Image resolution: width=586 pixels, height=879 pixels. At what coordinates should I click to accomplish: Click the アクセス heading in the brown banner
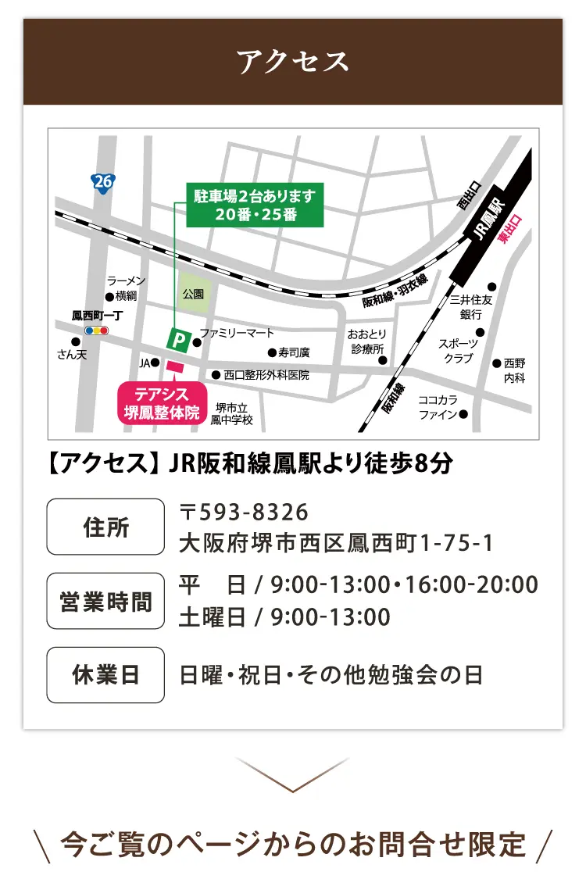click(x=293, y=62)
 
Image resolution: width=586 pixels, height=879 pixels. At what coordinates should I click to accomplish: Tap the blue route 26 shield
click(x=102, y=182)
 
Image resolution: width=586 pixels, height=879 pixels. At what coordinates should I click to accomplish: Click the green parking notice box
click(x=255, y=205)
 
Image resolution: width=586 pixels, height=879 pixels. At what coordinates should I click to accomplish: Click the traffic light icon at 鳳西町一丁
click(x=97, y=331)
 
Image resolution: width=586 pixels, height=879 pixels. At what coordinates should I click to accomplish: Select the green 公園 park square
click(x=194, y=294)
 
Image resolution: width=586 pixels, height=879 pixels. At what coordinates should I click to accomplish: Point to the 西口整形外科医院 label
click(x=266, y=375)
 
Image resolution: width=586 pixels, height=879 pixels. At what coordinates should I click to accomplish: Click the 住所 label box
click(x=105, y=527)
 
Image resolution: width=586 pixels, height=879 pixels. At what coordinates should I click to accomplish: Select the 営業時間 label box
click(x=105, y=601)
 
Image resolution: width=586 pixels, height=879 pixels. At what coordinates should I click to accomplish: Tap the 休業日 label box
click(x=105, y=675)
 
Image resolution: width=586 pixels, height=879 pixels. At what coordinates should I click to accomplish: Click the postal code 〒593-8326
click(x=245, y=513)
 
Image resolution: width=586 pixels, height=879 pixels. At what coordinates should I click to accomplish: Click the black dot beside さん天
click(x=76, y=341)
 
